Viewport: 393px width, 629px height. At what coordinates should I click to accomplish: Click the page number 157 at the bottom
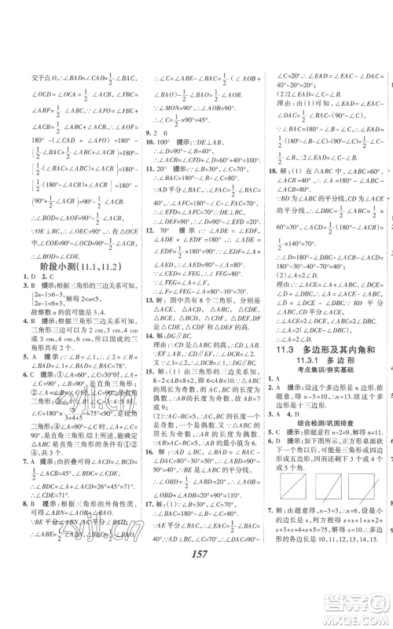coord(197,595)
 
